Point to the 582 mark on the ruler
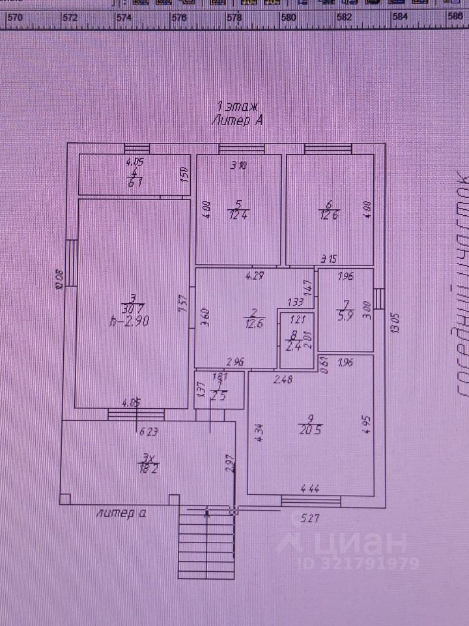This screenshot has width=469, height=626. point(345,18)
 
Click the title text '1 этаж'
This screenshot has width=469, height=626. point(238,106)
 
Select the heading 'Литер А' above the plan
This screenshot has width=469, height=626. point(237,119)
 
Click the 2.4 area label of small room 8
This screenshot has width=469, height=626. point(294,347)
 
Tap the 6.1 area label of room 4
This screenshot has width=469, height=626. point(135,183)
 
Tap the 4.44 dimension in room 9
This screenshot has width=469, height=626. point(309,488)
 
